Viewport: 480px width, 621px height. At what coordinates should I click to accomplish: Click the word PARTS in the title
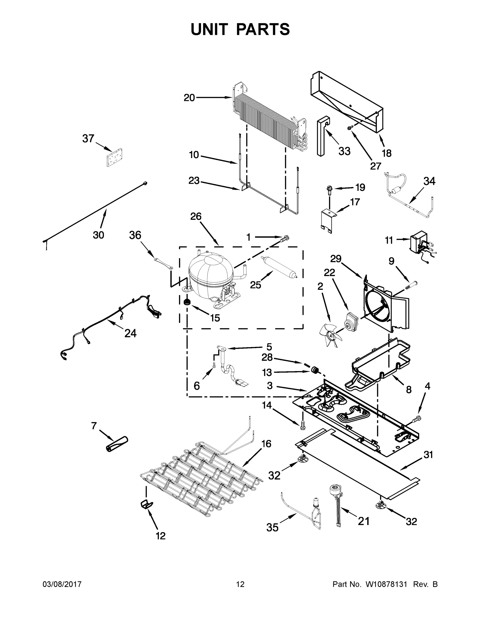[x=263, y=29]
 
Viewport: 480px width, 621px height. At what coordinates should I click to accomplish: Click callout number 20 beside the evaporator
[x=189, y=98]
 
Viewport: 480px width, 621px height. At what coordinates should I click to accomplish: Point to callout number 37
[x=88, y=138]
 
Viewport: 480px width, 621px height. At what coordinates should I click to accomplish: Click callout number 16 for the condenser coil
[x=266, y=444]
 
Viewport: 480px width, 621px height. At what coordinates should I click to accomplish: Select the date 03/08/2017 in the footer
[x=62, y=584]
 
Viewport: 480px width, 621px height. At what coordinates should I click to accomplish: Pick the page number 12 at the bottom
[x=240, y=584]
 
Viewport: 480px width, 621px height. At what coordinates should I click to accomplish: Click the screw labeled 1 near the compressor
[x=285, y=238]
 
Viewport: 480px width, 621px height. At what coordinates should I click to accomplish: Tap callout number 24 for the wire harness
[x=130, y=333]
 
